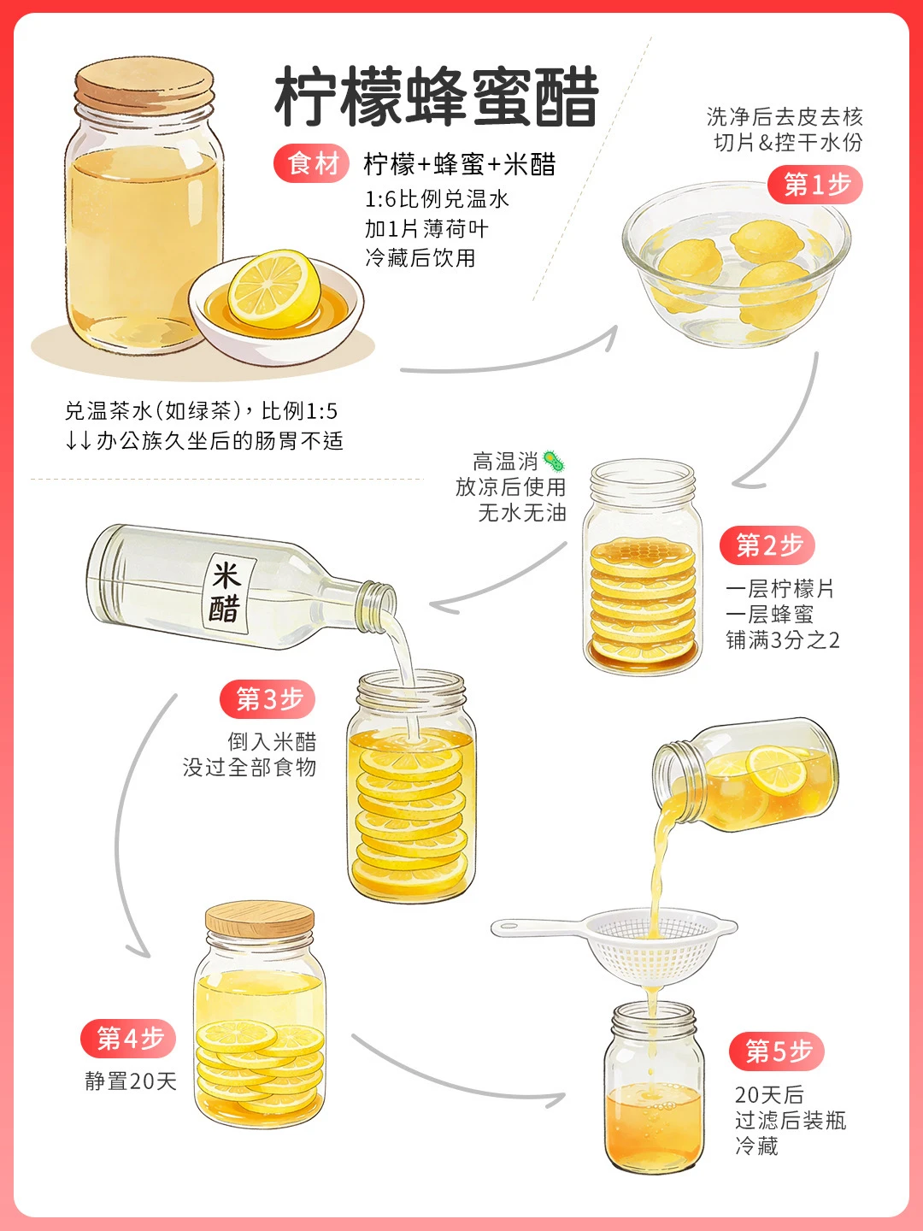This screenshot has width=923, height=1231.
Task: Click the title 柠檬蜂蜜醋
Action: [x=437, y=97]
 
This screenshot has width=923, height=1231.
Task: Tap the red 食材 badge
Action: [x=312, y=164]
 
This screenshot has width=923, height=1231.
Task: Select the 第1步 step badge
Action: [x=814, y=185]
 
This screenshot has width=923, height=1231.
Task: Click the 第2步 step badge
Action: [x=767, y=545]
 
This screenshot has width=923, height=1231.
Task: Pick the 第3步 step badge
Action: [x=267, y=699]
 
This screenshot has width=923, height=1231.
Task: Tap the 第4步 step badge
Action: [x=128, y=1038]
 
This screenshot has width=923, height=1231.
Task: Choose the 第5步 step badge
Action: [x=777, y=1051]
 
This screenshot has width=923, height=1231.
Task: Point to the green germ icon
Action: [x=555, y=462]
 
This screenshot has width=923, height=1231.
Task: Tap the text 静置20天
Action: [x=131, y=1081]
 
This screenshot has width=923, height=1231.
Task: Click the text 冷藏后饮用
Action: [x=420, y=258]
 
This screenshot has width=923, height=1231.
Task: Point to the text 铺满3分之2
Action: [x=782, y=640]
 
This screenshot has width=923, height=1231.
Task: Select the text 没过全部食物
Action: [x=250, y=767]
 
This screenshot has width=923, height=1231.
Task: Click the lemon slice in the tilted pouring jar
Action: [x=777, y=769]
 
